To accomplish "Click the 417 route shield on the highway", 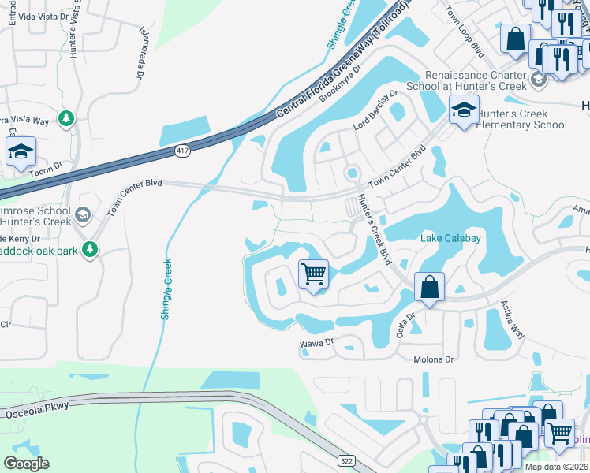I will click(181, 150).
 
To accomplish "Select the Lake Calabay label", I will click(452, 238).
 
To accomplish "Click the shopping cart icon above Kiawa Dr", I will click(313, 275).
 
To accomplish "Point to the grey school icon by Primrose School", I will click(82, 215).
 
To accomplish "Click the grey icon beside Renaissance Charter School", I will click(539, 79).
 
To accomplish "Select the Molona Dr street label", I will click(435, 359).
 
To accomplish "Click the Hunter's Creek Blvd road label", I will click(375, 229).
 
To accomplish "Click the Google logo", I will click(26, 463).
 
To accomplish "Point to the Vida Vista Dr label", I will click(41, 16).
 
